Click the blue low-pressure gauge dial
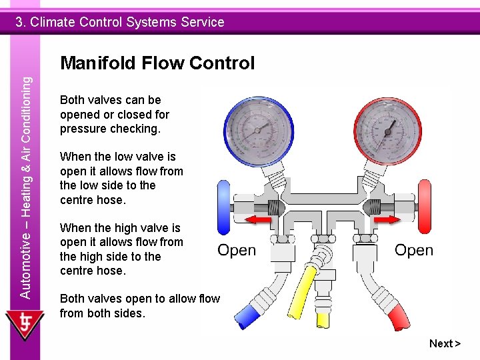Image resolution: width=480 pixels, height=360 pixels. [x=256, y=128]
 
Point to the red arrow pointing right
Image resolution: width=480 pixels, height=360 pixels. [x=385, y=219]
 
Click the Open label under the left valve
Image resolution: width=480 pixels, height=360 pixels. [x=237, y=251]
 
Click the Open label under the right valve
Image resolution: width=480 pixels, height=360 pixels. [x=413, y=251]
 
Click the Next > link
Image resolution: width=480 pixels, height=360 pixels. [x=445, y=343]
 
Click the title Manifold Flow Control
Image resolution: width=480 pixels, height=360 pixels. [x=157, y=63]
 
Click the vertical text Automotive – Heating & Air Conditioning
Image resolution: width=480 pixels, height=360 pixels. [x=25, y=187]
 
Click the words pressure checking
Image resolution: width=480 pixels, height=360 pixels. [x=110, y=129]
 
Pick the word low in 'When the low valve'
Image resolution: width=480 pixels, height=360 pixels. [x=123, y=157]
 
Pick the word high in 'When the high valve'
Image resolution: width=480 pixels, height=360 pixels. [x=125, y=228]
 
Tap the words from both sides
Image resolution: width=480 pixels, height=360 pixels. [x=102, y=313]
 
